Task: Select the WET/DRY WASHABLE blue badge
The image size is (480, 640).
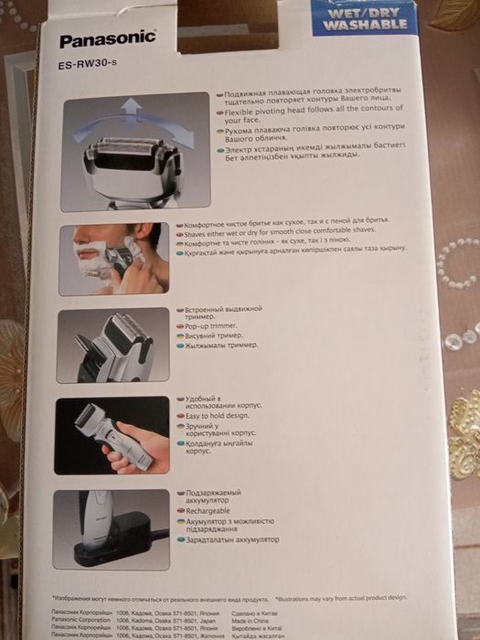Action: (x=358, y=18)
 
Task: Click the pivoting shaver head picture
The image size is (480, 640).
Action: (x=134, y=151)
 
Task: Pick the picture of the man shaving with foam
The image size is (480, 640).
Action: (x=113, y=259)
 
